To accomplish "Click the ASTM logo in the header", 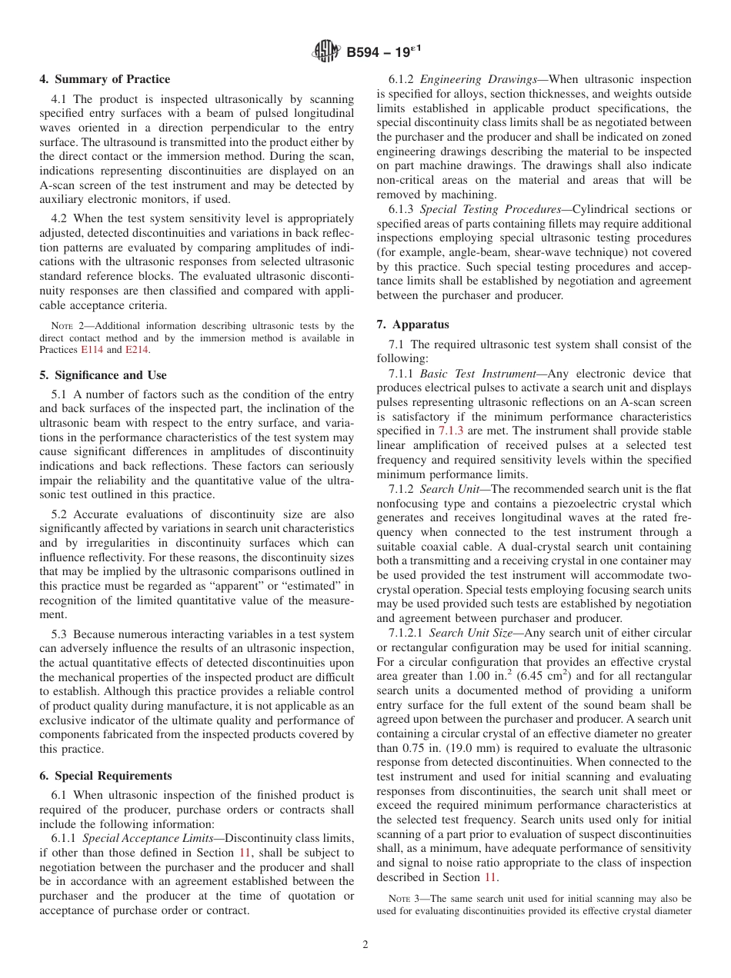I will (x=326, y=52).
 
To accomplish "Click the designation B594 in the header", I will (x=367, y=52).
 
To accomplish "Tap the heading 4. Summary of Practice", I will (x=105, y=79).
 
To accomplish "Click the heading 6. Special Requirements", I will (x=105, y=775).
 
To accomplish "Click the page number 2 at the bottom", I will (x=365, y=945).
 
